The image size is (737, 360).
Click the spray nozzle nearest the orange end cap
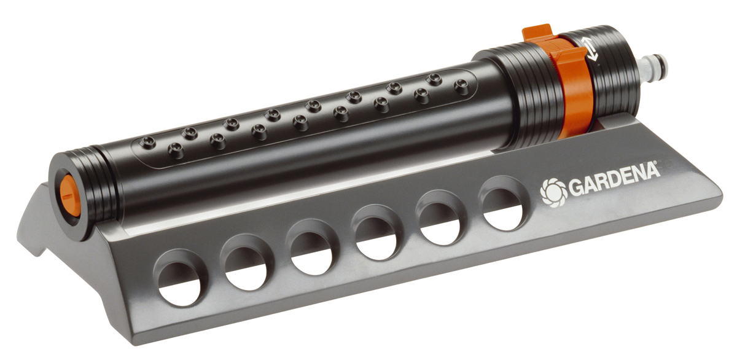[176, 149]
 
